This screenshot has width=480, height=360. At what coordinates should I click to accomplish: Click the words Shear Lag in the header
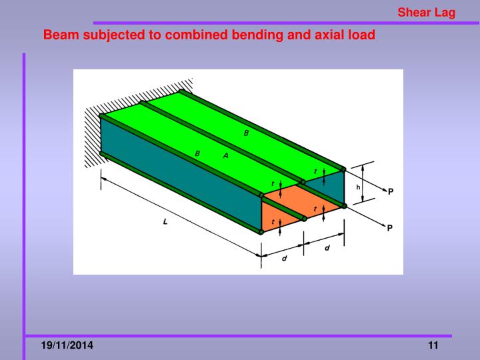click(427, 13)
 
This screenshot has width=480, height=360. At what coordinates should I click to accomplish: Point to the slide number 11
click(433, 345)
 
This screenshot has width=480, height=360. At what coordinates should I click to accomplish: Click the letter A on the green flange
click(225, 155)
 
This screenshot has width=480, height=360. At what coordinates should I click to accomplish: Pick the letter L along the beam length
click(165, 222)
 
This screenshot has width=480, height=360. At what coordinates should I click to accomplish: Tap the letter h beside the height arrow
click(358, 187)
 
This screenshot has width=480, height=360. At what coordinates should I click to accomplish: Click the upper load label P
click(391, 191)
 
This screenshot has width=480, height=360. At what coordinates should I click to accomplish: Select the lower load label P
click(391, 228)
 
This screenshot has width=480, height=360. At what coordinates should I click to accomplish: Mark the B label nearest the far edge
click(246, 133)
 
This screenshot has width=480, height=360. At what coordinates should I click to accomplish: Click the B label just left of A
click(197, 154)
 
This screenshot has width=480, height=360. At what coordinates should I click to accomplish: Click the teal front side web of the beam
click(180, 183)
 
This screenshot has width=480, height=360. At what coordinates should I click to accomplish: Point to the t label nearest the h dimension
click(315, 171)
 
